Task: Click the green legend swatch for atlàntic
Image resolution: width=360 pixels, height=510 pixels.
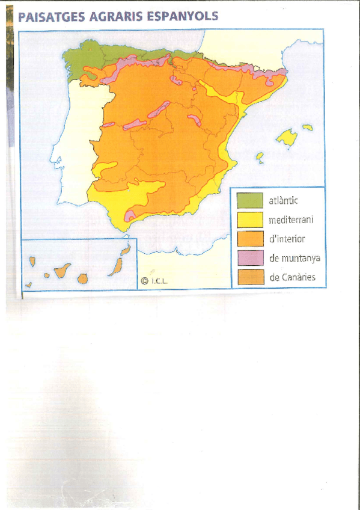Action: (x=249, y=200)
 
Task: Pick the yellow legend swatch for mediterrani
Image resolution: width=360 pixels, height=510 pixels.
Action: (x=249, y=220)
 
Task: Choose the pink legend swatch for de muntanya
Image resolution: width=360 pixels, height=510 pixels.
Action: (x=249, y=258)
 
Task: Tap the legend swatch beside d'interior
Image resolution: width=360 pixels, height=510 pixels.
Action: (x=249, y=239)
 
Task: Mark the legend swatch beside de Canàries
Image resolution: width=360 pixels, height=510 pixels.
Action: (x=249, y=277)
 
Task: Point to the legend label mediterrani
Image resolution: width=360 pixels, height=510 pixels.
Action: (x=291, y=220)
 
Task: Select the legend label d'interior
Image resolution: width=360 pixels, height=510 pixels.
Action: (x=287, y=239)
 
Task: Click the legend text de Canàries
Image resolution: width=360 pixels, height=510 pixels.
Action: (x=292, y=278)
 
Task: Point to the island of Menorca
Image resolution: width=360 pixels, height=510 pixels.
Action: (x=308, y=127)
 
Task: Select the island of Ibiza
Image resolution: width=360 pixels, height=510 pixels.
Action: (x=260, y=158)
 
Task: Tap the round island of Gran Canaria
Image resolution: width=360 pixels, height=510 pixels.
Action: (x=82, y=278)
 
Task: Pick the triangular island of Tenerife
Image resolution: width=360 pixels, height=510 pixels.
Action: (x=63, y=271)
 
